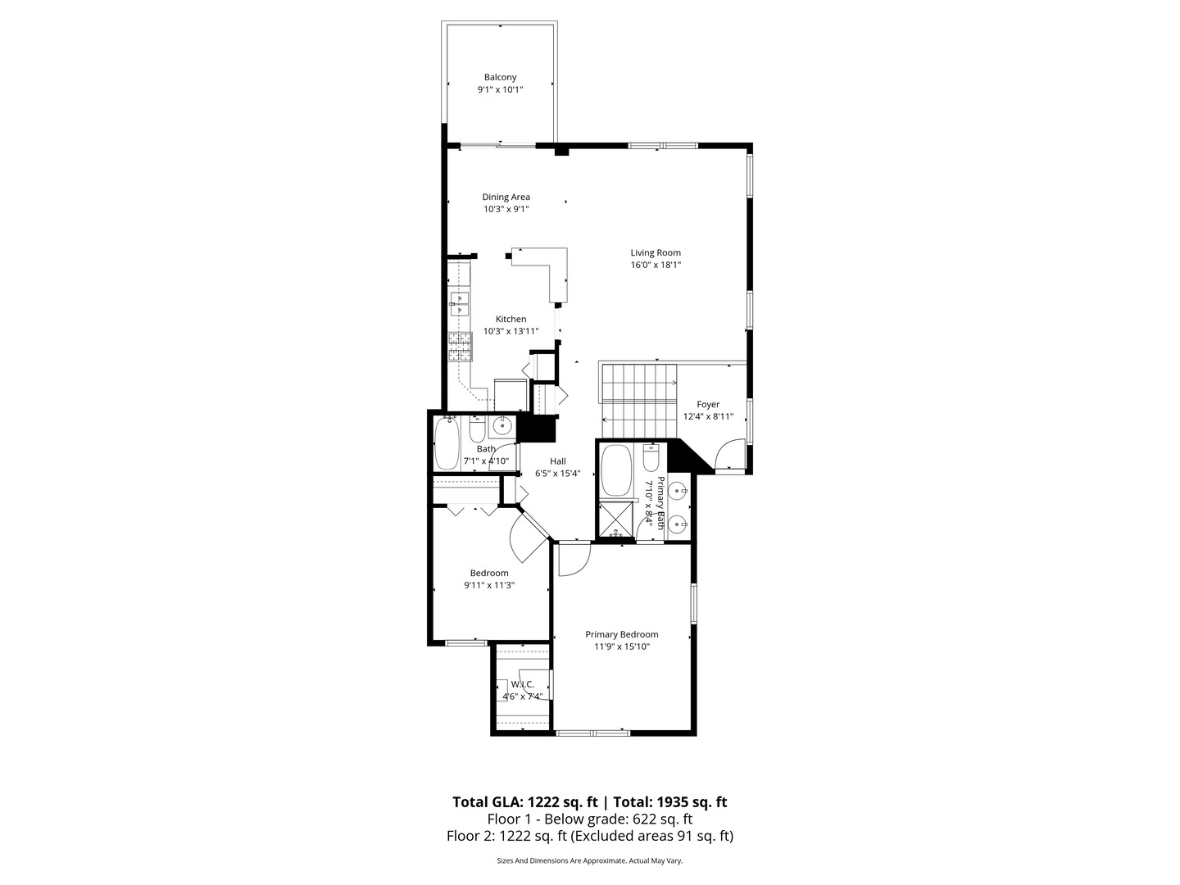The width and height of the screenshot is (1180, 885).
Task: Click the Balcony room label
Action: pyautogui.click(x=500, y=78)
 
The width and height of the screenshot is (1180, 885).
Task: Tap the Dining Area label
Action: pyautogui.click(x=506, y=197)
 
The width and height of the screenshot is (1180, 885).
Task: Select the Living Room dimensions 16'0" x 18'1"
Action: pyautogui.click(x=656, y=265)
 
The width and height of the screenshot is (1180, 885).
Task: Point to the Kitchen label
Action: pyautogui.click(x=511, y=320)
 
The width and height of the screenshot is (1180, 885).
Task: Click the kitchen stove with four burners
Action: pyautogui.click(x=461, y=347)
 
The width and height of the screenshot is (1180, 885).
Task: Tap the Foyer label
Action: pyautogui.click(x=708, y=405)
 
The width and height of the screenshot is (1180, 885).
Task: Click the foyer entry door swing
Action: pyautogui.click(x=728, y=456)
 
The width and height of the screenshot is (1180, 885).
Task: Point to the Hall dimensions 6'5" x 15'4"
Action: pyautogui.click(x=557, y=473)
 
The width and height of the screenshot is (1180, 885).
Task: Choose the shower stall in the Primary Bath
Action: pyautogui.click(x=617, y=518)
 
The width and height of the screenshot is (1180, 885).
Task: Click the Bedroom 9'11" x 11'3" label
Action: pyautogui.click(x=489, y=579)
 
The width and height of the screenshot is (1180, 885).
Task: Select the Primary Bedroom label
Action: pyautogui.click(x=621, y=634)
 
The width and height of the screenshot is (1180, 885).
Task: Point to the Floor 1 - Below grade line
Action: pyautogui.click(x=590, y=819)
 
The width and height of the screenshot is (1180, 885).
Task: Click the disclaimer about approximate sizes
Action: pyautogui.click(x=590, y=861)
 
